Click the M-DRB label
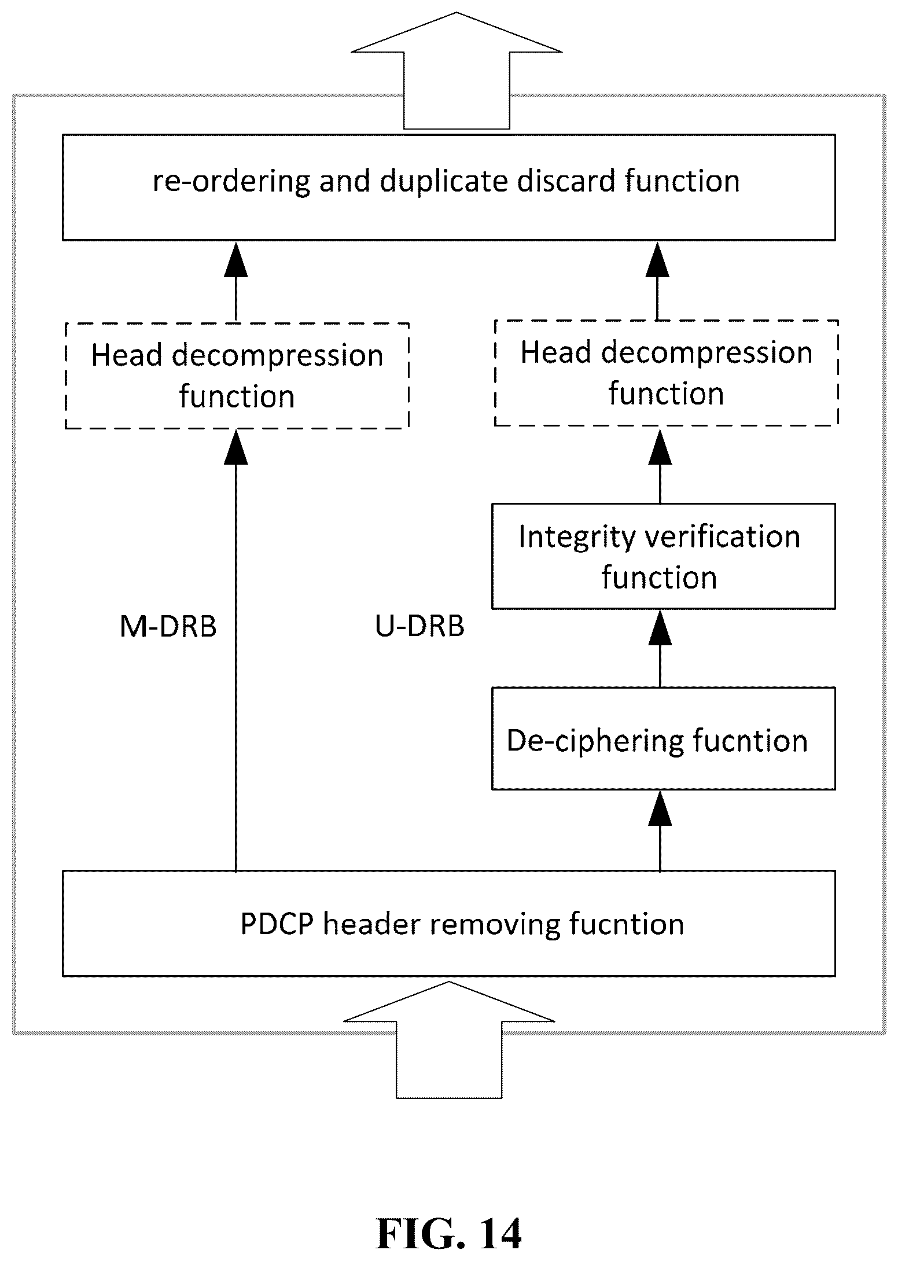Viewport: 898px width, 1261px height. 168,626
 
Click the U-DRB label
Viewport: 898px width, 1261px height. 419,626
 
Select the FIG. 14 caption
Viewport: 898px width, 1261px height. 449,1234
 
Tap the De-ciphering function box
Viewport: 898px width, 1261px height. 663,738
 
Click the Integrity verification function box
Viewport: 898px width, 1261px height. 663,556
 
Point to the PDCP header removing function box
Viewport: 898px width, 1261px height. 449,924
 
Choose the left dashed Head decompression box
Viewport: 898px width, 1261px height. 237,376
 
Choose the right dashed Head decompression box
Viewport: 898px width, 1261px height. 667,373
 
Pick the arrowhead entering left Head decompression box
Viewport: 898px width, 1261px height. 235,447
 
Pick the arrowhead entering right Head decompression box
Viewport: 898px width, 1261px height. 660,445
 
